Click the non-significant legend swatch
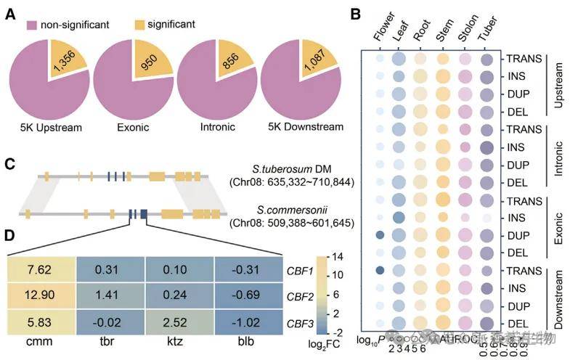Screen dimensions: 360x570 point(32,25)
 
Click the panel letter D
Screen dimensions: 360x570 point(10,236)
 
